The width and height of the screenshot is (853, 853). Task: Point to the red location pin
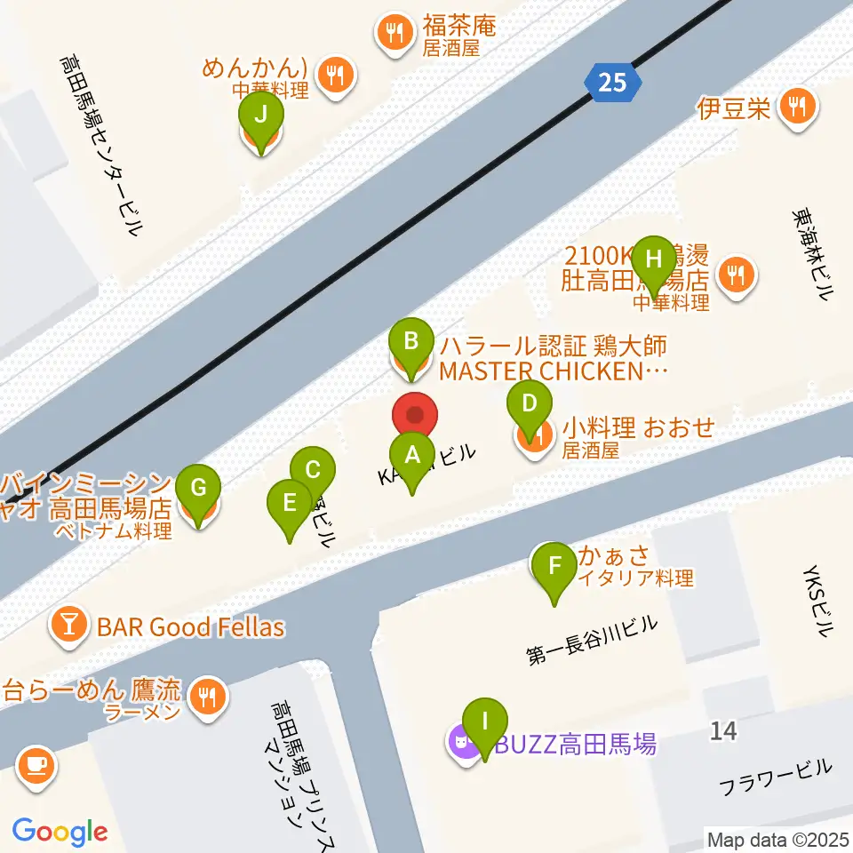pos(415,416)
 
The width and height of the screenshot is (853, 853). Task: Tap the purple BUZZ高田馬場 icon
pos(462,741)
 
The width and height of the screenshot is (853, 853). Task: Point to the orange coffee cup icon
pos(36,763)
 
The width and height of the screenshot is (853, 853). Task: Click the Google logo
pos(60,832)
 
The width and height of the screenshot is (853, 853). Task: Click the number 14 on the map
pos(723,731)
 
